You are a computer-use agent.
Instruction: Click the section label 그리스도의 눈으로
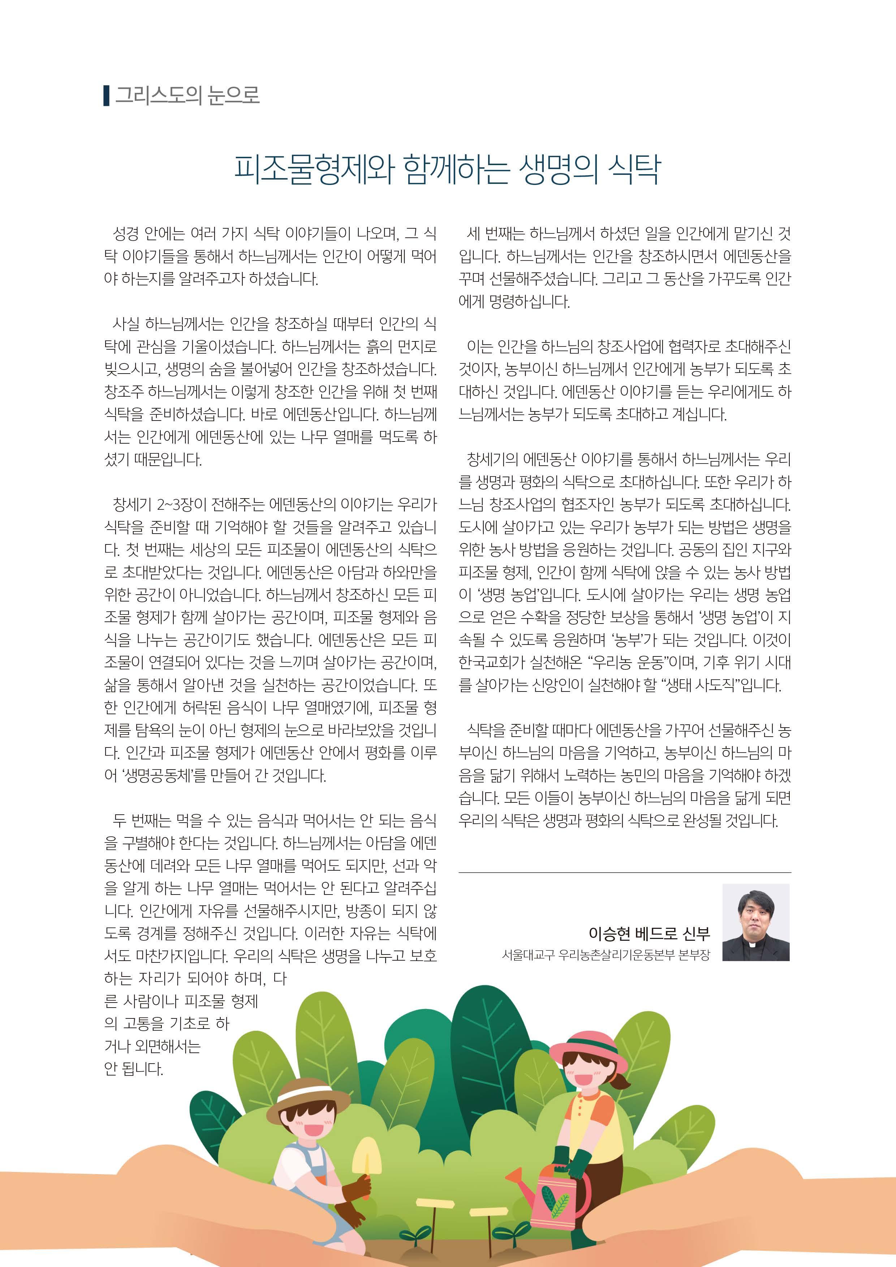pos(186,96)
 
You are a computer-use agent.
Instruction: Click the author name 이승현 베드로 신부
pos(649,933)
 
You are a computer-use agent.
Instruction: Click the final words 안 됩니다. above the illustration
pos(134,1069)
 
